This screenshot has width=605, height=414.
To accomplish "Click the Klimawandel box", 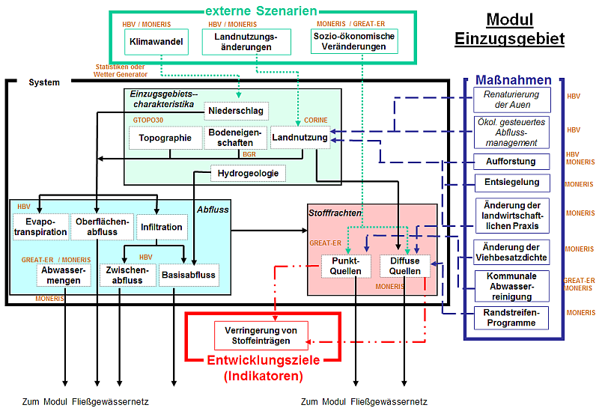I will pyautogui.click(x=156, y=41).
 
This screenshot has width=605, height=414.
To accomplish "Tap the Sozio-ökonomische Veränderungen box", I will pyautogui.click(x=354, y=41).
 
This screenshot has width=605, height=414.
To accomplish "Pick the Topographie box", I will pyautogui.click(x=165, y=138).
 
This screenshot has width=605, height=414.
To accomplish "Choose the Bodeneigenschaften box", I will pyautogui.click(x=234, y=138).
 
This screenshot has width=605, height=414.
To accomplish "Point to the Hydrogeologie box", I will pyautogui.click(x=248, y=174).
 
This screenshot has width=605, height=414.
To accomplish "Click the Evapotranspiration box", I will pyautogui.click(x=40, y=227).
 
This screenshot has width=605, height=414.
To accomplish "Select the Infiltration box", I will pyautogui.click(x=161, y=227).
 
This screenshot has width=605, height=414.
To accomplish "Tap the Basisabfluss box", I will pyautogui.click(x=188, y=275).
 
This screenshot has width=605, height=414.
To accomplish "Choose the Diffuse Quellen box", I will pyautogui.click(x=405, y=266).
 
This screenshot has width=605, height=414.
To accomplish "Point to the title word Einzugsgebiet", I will pyautogui.click(x=509, y=39).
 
